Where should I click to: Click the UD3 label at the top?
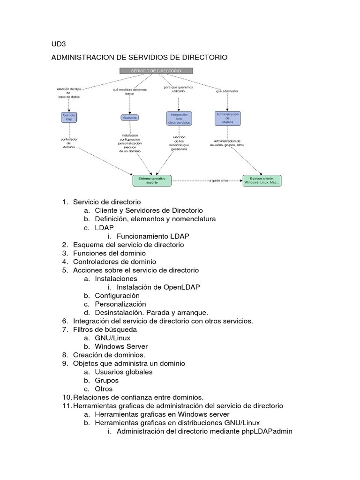click(x=59, y=45)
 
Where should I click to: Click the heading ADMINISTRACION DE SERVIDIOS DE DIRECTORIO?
click(x=139, y=57)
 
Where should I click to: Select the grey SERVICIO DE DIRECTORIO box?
click(x=156, y=71)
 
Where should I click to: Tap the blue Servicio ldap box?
click(x=69, y=117)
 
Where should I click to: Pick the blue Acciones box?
click(x=129, y=118)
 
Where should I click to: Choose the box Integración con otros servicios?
click(x=179, y=118)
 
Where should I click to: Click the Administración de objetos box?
click(x=227, y=118)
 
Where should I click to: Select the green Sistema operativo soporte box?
click(x=152, y=180)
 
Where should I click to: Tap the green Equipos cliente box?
click(x=262, y=180)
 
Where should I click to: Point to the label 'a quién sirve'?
click(x=219, y=180)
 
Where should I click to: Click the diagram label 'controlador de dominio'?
click(x=69, y=143)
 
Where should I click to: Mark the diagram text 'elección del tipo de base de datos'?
click(x=69, y=93)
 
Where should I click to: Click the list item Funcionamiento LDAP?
click(x=152, y=236)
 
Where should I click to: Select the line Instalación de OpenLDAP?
click(x=158, y=287)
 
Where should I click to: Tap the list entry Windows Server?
click(x=121, y=346)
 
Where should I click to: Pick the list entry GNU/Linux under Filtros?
click(x=112, y=338)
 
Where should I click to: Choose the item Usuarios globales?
click(x=123, y=372)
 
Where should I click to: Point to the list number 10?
click(x=66, y=397)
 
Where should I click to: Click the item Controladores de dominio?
click(x=114, y=262)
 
